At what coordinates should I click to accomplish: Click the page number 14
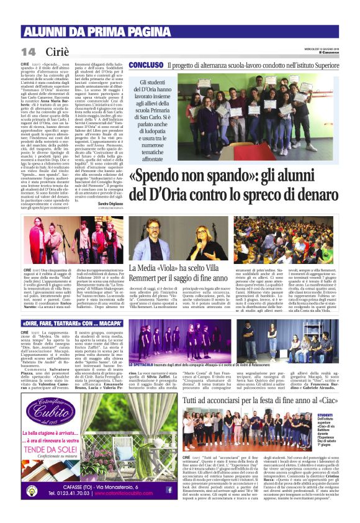[29, 50]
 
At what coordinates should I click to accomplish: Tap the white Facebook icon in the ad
[168, 489]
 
